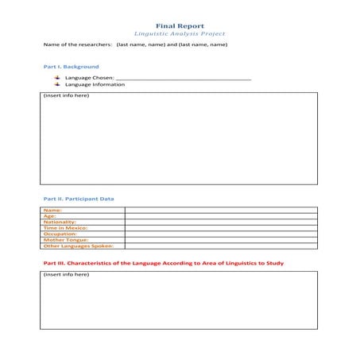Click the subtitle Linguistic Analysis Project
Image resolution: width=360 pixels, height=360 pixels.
pos(180,34)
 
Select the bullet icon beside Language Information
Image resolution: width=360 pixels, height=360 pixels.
pos(57,84)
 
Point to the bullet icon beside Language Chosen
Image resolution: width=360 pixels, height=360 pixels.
pos(57,78)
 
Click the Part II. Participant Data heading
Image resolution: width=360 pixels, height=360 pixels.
pos(77,198)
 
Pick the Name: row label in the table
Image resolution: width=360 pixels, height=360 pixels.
pos(52,210)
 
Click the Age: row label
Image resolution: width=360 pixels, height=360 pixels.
pos(49,215)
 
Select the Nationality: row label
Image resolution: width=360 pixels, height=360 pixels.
pos(59,222)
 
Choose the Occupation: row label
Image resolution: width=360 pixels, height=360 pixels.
pos(60,234)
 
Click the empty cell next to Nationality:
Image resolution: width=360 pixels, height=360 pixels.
pos(220,222)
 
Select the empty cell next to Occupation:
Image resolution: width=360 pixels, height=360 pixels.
pos(220,234)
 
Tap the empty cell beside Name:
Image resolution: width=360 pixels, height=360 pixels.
pos(220,210)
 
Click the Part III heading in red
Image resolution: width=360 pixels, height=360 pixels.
pos(162,262)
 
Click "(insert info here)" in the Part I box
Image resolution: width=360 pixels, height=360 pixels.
pos(66,96)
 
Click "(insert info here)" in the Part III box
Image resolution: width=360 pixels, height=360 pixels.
pos(66,275)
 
